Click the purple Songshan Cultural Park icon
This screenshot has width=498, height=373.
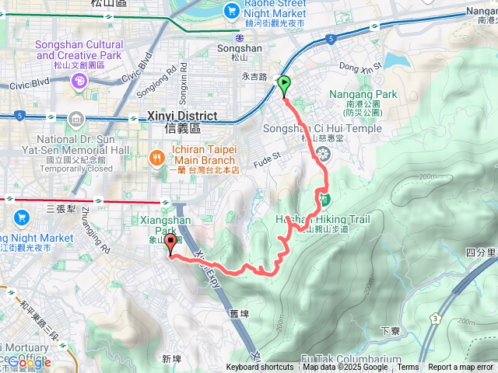79,81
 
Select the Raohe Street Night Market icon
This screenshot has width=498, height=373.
231,10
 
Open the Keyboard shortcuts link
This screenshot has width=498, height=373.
260,368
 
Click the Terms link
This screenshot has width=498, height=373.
408,368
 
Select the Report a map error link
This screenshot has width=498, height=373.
461,368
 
